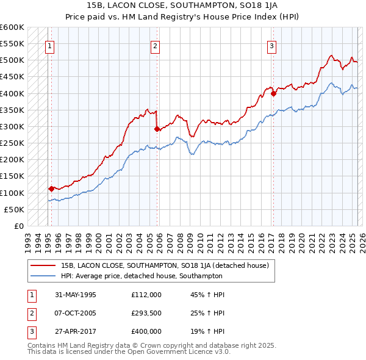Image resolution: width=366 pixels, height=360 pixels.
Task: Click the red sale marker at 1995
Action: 51,189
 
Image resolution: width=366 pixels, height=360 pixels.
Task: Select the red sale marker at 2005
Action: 157,129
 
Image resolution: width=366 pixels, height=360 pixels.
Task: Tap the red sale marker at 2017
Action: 274,93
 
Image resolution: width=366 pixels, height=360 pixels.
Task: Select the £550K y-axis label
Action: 13,44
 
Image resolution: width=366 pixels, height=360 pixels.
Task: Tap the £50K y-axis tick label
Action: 15,209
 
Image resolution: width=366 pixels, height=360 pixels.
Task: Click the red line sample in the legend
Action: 43,265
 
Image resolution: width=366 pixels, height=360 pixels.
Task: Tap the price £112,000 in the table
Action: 146,294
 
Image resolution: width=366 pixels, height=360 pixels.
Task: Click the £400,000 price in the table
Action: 146,332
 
